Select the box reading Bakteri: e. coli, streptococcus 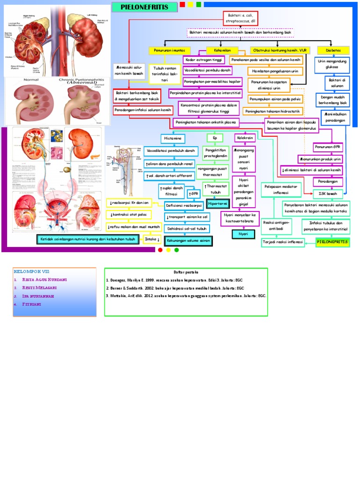pyautogui.click(x=240, y=18)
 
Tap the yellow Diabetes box pyautogui.click(x=333, y=50)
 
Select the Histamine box pyautogui.click(x=173, y=138)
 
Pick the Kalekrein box pyautogui.click(x=245, y=138)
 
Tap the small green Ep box pyautogui.click(x=215, y=138)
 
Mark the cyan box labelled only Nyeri pyautogui.click(x=243, y=233)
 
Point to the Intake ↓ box pyautogui.click(x=153, y=239)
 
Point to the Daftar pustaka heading pyautogui.click(x=186, y=272)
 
